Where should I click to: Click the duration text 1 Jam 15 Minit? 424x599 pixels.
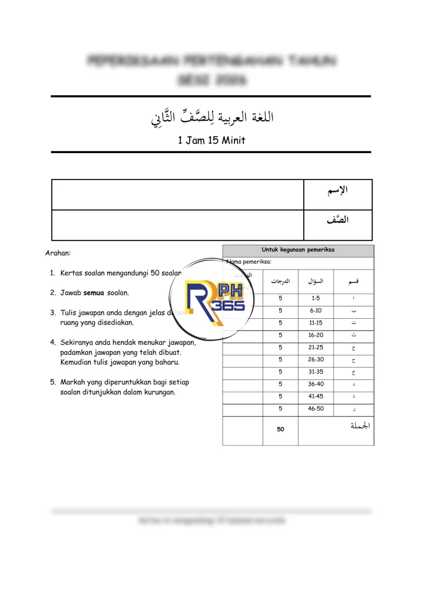point(211,140)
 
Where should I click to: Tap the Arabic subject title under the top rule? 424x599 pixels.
point(212,117)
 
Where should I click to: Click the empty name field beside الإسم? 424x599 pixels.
point(178,194)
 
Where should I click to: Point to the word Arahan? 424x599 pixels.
point(58,253)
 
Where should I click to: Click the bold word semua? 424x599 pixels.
point(93,292)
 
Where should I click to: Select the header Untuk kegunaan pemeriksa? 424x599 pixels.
point(298,250)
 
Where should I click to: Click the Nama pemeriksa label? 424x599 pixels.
point(249,261)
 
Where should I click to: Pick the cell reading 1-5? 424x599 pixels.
point(316,298)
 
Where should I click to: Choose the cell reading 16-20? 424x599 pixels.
point(316,335)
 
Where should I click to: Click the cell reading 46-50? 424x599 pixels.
point(316,409)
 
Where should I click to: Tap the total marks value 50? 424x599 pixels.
point(280,430)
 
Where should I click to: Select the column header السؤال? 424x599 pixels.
point(316,281)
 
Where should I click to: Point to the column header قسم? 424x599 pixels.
point(353,281)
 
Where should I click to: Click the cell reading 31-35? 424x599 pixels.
point(316,372)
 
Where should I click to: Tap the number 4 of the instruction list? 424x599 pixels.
point(53,342)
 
